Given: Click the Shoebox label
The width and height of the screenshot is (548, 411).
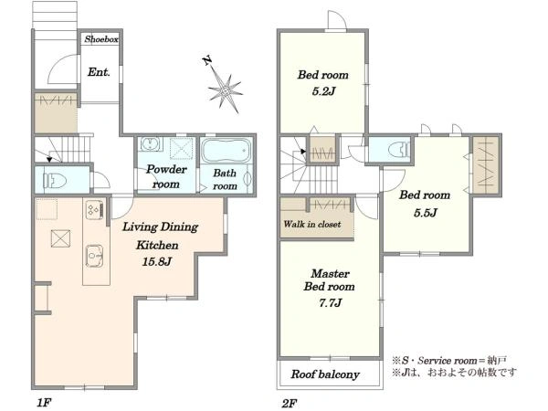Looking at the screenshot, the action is tap(101, 39).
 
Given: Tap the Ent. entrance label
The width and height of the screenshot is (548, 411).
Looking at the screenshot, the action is tap(99, 72).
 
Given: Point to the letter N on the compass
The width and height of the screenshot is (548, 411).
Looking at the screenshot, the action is tap(207, 61).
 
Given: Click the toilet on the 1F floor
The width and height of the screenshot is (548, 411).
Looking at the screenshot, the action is tap(55, 181).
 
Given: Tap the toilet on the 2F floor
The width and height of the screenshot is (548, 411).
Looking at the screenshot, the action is tap(399, 149).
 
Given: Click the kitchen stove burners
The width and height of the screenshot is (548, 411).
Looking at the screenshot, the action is tap(95, 210).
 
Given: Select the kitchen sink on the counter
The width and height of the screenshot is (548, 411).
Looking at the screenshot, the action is tap(95, 256).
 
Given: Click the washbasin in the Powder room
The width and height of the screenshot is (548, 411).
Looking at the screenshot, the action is tap(152, 144).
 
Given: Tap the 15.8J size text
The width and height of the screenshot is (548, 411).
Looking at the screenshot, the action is tap(157, 261).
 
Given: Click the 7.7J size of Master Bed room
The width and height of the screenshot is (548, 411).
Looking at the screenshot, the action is tap(330, 302).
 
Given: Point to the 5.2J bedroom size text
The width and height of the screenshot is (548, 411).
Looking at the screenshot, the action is tap(323, 91).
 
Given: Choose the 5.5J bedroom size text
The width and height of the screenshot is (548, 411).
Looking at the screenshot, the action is tap(425, 213).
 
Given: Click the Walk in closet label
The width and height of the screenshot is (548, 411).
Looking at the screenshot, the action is tap(312, 224).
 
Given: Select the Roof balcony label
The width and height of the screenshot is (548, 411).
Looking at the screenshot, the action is tap(325, 374).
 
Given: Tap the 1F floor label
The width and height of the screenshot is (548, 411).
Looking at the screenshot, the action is tap(44, 403).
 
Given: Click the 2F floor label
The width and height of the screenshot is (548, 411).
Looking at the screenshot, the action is tap(290, 404).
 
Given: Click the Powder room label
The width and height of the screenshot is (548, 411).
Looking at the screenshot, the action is tap(166, 177).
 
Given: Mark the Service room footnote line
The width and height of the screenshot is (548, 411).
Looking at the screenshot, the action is tap(449, 361).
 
